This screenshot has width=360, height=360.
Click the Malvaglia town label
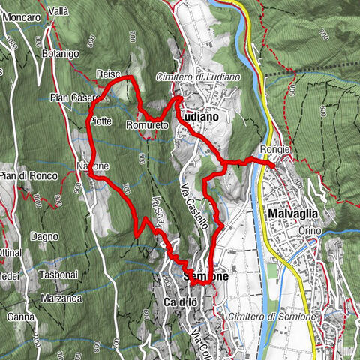[292, 214]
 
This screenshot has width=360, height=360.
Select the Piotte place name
[100, 121]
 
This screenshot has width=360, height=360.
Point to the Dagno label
[45, 236]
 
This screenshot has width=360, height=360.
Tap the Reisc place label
[109, 73]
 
